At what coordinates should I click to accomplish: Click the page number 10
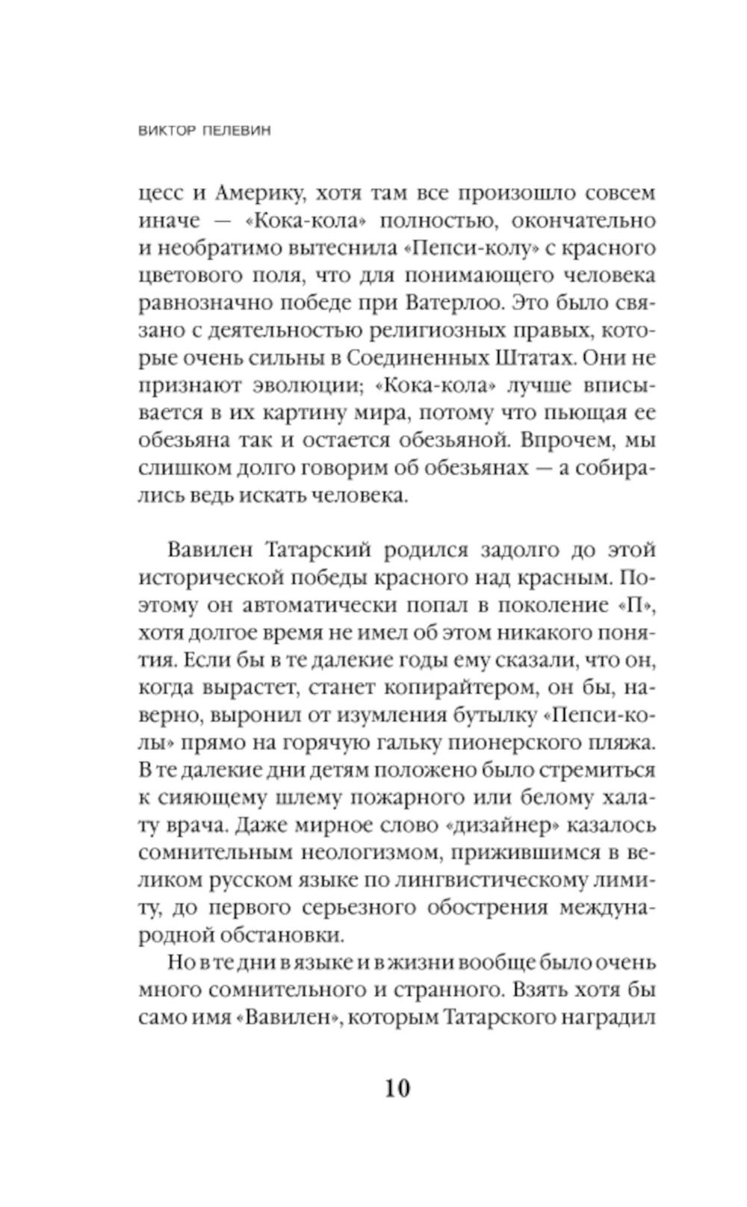pos(397,1087)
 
